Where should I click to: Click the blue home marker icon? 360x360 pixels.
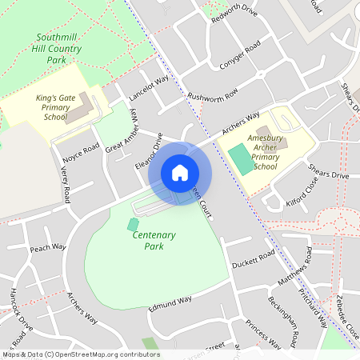pyautogui.click(x=180, y=173)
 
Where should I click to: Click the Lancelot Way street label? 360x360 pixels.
pyautogui.click(x=150, y=91)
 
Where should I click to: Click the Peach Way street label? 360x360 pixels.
pyautogui.click(x=47, y=248)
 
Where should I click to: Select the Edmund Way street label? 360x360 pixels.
pyautogui.click(x=170, y=302)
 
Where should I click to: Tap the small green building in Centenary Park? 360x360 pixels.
pyautogui.click(x=132, y=224)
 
